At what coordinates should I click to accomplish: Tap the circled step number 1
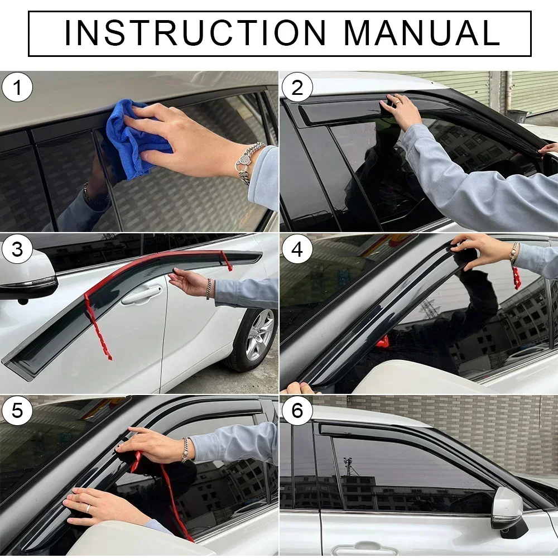point(17,89)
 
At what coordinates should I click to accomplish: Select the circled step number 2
point(297,89)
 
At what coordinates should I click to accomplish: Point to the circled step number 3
point(17,249)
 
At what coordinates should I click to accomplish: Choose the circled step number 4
point(297,249)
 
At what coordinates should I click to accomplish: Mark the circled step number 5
point(17,411)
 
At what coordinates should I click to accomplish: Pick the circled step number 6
point(297,411)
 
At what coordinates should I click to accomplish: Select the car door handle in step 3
point(142,295)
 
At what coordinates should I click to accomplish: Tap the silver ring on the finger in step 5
point(88,508)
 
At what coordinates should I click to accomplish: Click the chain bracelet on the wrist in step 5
point(185,449)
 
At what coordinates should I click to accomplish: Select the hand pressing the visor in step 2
point(402,109)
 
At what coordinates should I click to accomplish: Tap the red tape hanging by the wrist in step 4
point(516,277)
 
